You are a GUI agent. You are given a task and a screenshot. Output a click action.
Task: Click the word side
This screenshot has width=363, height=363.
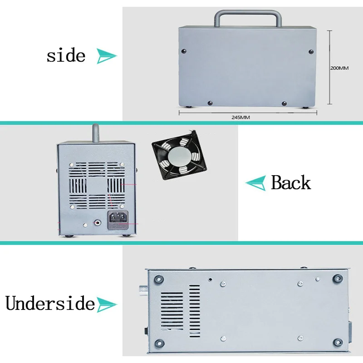click(66, 55)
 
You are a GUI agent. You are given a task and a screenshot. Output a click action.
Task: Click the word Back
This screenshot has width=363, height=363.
click(291, 182)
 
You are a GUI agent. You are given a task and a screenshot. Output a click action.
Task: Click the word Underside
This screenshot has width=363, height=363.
click(50, 303)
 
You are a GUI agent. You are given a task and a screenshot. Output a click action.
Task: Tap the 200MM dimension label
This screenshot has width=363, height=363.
click(339, 68)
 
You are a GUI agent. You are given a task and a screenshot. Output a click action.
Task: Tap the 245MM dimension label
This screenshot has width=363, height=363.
click(240, 117)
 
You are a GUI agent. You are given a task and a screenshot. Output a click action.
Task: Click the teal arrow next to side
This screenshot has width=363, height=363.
click(107, 56)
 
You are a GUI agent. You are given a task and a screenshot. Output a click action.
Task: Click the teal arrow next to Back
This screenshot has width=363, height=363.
click(255, 183)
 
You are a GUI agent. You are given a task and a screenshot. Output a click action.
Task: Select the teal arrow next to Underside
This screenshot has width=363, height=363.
click(107, 304)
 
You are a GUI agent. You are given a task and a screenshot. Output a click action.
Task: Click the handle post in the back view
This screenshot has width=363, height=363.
click(96, 133)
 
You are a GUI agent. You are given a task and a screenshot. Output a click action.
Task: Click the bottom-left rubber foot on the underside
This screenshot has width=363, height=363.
click(159, 343)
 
